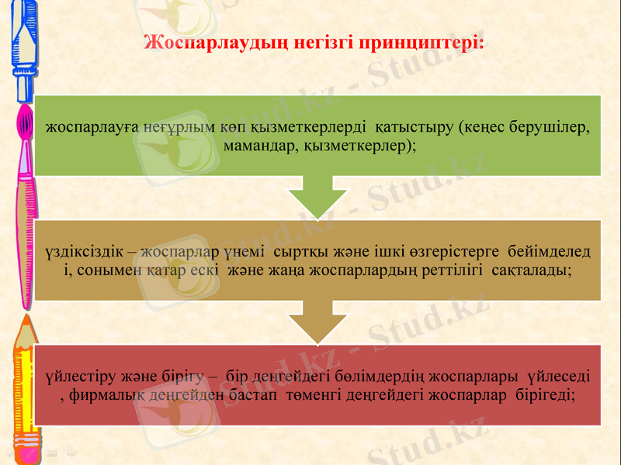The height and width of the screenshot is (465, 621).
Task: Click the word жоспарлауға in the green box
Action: pos(91,127)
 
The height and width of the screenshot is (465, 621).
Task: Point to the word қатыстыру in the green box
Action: pos(414,127)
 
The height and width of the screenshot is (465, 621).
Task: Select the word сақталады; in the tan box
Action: pos(527,270)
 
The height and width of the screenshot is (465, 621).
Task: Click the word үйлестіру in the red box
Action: pos(79,377)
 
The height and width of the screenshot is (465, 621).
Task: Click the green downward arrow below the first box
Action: pos(317,197)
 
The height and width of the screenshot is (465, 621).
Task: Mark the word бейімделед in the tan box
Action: pos(547,252)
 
